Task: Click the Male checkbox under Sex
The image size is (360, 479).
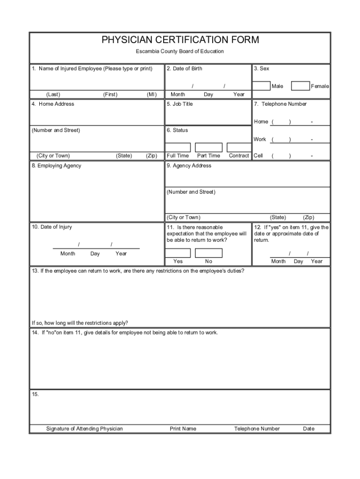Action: click(x=261, y=86)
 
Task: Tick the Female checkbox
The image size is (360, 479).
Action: click(x=300, y=86)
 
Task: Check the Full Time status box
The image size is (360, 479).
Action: click(x=178, y=147)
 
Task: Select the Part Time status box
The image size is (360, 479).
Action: click(x=208, y=147)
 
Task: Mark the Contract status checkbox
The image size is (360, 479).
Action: click(x=239, y=147)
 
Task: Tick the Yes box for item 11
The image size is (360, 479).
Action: click(x=178, y=253)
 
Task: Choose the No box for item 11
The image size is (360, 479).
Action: click(x=209, y=253)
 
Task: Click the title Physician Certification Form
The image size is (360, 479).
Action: click(x=180, y=40)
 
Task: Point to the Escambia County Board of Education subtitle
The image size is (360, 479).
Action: click(x=180, y=51)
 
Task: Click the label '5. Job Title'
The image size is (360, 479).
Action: click(x=180, y=104)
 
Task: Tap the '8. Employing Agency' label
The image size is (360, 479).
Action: click(x=57, y=166)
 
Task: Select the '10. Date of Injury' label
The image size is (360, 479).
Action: click(x=52, y=227)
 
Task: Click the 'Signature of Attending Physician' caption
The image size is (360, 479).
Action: click(x=85, y=428)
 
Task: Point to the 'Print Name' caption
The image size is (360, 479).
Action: click(x=183, y=428)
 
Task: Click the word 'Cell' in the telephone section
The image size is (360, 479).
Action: click(x=258, y=156)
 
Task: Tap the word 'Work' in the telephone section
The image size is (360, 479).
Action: click(x=259, y=139)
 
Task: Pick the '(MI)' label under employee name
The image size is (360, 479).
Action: click(x=151, y=94)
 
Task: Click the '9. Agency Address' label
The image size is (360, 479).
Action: click(x=189, y=166)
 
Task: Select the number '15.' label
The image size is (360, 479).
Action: click(x=35, y=394)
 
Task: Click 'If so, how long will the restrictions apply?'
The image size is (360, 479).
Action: click(x=80, y=323)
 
